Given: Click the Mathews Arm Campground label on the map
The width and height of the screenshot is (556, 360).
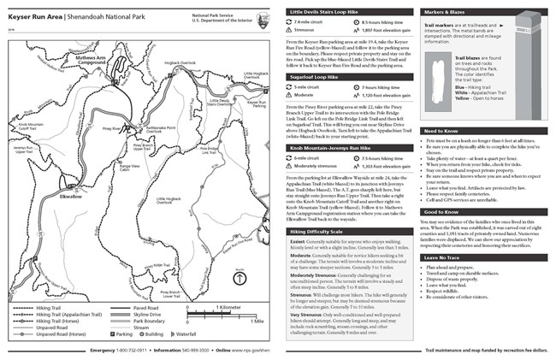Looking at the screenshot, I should [x=92, y=62].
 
